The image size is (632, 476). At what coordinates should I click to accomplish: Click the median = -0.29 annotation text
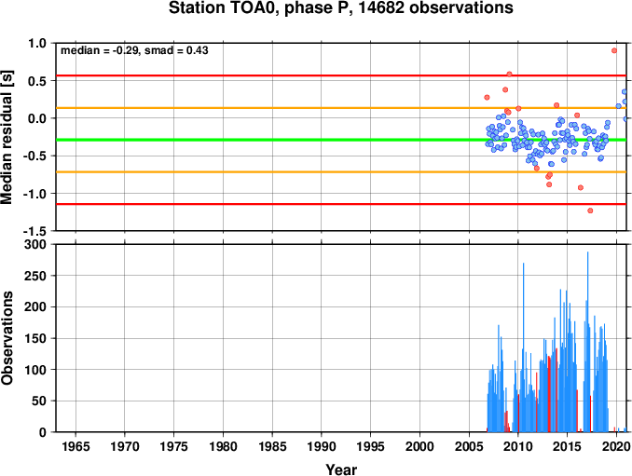coord(99,50)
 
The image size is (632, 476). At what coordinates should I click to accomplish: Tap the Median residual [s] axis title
coord(7,137)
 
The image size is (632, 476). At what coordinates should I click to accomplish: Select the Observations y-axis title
coord(7,337)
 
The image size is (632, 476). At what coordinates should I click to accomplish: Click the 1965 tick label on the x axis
coord(76,446)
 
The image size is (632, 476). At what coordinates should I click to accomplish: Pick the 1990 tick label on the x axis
coord(322,446)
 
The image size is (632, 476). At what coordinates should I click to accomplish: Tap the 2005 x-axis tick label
coord(469,446)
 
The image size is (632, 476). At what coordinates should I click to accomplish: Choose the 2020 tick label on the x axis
coord(616,446)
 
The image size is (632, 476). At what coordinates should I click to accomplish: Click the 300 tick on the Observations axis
coord(35,244)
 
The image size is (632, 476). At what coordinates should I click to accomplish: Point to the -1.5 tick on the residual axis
coord(34,231)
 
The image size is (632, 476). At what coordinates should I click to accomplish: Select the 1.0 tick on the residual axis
coord(37,43)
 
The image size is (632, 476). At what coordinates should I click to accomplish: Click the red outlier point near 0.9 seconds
coord(614,50)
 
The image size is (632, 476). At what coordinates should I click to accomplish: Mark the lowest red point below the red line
coord(590,211)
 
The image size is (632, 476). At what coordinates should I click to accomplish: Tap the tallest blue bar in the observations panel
coord(587,342)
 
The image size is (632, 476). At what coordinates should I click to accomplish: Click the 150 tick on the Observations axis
coord(35,338)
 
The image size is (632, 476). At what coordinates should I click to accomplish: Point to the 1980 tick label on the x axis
coord(223,446)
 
